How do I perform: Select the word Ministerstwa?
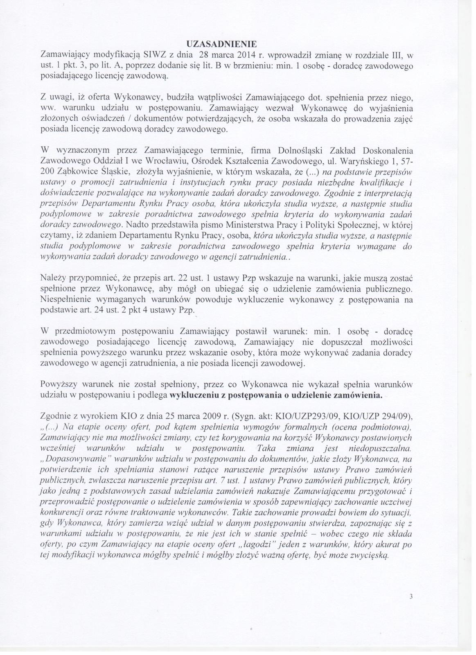[x=244, y=225]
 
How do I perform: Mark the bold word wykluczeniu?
[x=192, y=396]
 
